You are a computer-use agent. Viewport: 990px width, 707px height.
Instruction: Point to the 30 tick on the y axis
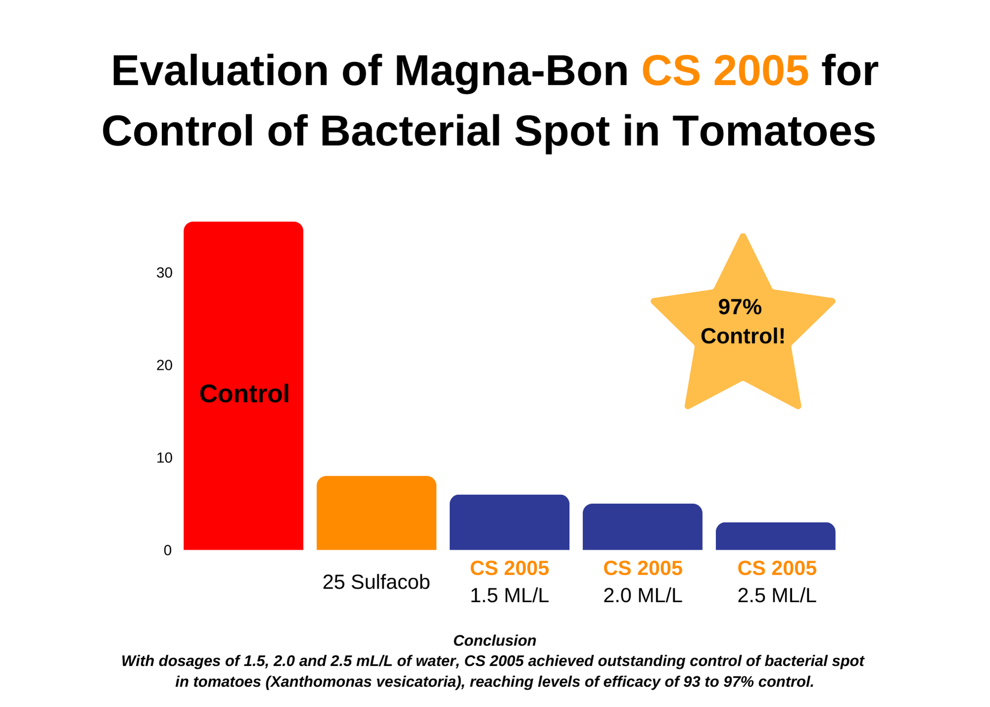coord(164,273)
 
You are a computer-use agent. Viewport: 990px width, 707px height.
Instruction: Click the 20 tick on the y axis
coord(164,365)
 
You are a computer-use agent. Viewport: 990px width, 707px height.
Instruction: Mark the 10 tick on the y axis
coord(164,458)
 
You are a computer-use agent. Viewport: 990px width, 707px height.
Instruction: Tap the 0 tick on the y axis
coord(168,551)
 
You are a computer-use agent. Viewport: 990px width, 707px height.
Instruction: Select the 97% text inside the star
coord(740,307)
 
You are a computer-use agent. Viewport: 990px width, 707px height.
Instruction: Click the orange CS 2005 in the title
coord(725,71)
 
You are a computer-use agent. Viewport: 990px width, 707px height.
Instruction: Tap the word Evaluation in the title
coord(220,71)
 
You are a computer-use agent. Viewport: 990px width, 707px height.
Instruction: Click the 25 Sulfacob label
coord(376,582)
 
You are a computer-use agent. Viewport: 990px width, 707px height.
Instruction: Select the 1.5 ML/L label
coord(509,596)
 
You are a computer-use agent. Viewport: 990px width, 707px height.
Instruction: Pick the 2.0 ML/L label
coord(643,596)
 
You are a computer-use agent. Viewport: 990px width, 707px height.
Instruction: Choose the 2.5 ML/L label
coord(777,596)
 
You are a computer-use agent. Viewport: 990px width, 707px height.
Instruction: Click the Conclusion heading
coord(495,641)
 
